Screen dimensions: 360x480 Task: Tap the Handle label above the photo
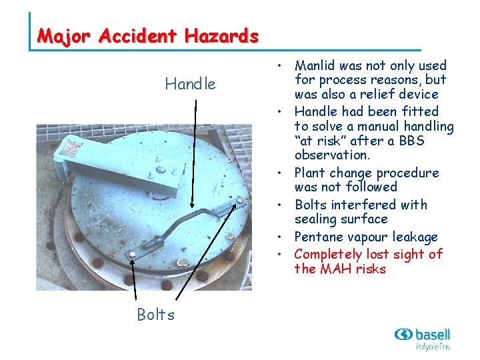point(191,84)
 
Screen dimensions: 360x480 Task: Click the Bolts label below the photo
point(155,315)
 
